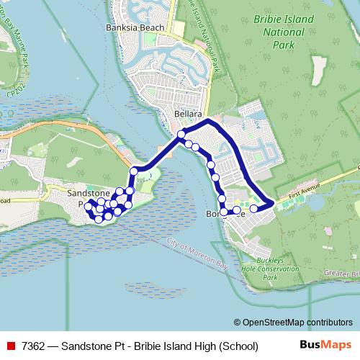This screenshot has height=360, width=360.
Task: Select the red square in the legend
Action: (11, 346)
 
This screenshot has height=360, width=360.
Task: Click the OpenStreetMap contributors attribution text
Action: (297, 322)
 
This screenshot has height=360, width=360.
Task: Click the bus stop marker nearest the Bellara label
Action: (181, 134)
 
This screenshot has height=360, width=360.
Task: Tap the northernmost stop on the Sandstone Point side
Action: (134, 171)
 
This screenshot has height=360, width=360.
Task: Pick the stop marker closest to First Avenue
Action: (253, 209)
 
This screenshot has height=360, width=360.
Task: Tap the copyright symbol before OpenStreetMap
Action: (238, 322)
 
